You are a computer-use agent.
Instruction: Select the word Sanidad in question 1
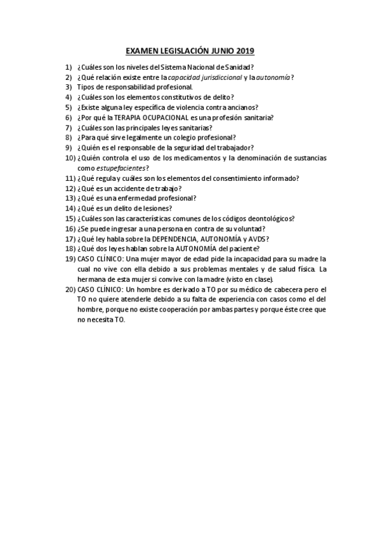click(x=235, y=67)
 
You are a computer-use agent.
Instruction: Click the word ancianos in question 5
click(x=249, y=107)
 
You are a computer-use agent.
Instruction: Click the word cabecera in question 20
click(x=282, y=289)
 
